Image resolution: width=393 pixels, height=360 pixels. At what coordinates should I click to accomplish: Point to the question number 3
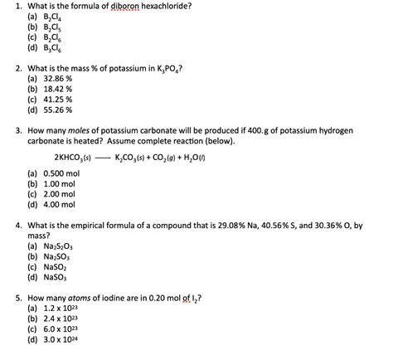click(17, 131)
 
